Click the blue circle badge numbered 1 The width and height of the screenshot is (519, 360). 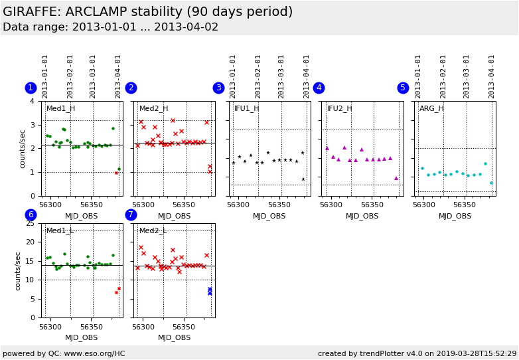click(31, 88)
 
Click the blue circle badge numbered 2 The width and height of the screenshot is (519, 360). click(131, 88)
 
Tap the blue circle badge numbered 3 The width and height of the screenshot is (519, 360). click(218, 88)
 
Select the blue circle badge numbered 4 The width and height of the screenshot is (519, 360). click(319, 88)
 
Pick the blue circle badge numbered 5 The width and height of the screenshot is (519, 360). click(403, 88)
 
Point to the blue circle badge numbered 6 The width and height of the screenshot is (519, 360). click(31, 215)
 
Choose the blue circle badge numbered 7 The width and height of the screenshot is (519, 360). click(131, 215)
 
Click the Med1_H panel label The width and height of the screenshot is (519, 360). click(60, 108)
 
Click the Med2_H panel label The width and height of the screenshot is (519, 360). click(153, 108)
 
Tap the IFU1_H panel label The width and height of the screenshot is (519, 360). click(246, 108)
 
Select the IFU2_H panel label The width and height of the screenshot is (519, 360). click(339, 108)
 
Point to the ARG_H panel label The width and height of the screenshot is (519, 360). click(431, 108)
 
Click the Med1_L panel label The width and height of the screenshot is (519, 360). click(60, 230)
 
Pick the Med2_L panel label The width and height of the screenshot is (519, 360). click(153, 230)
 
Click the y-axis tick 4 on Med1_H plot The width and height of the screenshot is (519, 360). click(33, 101)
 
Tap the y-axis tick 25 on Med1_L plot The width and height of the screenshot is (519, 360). click(31, 223)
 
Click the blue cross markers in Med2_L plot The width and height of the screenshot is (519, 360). click(210, 291)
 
